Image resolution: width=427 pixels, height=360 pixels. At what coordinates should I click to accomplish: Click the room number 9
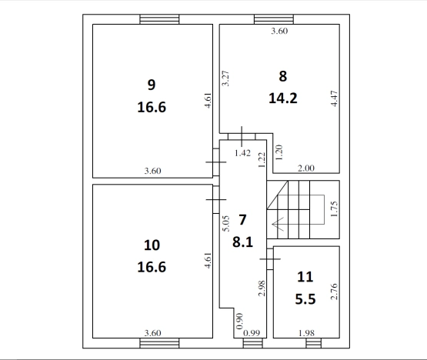point(152,85)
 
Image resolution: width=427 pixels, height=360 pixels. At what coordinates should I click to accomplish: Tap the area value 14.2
point(283,98)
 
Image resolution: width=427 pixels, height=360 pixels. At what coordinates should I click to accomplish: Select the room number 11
point(305,277)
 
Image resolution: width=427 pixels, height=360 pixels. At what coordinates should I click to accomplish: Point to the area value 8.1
point(242,242)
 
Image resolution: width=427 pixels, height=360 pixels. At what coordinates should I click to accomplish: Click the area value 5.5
point(305,299)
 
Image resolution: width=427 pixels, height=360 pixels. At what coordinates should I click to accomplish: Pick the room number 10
point(152,245)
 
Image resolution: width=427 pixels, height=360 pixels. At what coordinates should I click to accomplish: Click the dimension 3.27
point(225,78)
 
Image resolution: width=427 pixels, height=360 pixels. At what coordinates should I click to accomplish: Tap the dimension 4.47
point(334,98)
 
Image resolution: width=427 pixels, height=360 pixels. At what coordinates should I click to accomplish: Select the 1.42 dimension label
point(242,153)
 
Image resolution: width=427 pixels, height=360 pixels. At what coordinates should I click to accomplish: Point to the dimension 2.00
point(306,168)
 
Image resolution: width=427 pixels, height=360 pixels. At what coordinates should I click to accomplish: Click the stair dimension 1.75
point(334,209)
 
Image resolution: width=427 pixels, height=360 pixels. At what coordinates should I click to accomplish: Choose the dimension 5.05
point(226,224)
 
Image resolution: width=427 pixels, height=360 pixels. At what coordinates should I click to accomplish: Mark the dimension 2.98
point(262,288)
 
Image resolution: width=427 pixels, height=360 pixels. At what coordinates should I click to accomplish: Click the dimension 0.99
point(252,333)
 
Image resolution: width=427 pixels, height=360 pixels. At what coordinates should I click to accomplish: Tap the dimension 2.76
point(334,292)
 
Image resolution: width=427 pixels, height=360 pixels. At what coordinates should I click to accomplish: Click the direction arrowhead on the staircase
point(278,224)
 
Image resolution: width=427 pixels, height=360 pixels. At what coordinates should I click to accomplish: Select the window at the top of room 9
point(159,19)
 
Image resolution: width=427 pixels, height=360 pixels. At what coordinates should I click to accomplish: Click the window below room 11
point(313,343)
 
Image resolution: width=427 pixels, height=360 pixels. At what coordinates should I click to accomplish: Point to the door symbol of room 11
point(270,259)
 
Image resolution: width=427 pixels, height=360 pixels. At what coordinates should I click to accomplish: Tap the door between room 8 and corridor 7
point(242,136)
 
